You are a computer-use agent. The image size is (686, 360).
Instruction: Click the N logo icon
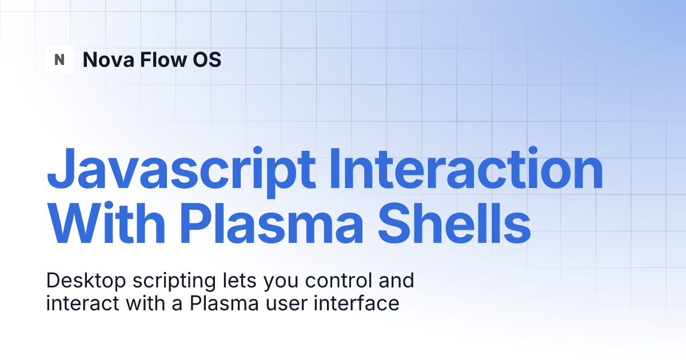59,59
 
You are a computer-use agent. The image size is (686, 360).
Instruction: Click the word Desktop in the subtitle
81,281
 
